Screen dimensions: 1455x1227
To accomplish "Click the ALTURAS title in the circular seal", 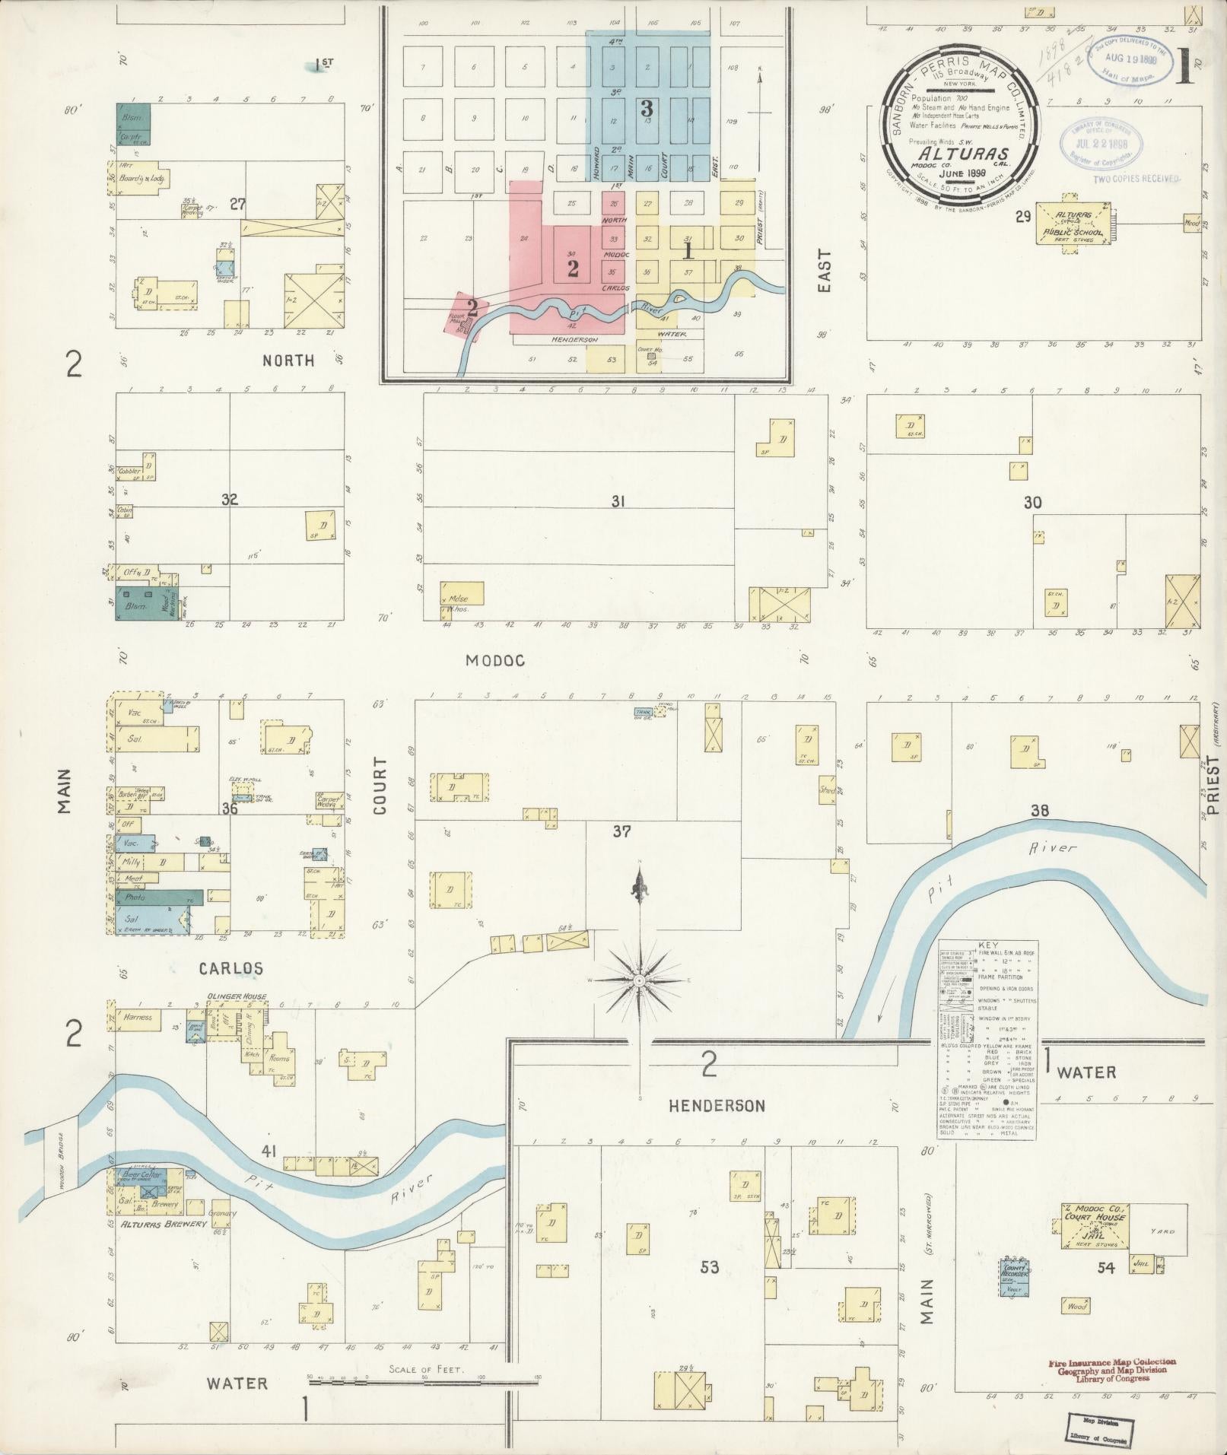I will [x=955, y=154].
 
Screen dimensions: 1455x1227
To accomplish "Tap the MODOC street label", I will [x=495, y=661].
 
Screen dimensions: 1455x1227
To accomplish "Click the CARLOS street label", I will [x=231, y=969].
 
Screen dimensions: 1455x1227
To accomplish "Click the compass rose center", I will [x=640, y=981].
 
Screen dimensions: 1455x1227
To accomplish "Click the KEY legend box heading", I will [x=987, y=944].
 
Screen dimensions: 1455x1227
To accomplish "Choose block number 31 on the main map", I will [x=618, y=502].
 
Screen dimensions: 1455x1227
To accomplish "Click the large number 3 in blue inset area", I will [x=647, y=108].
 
